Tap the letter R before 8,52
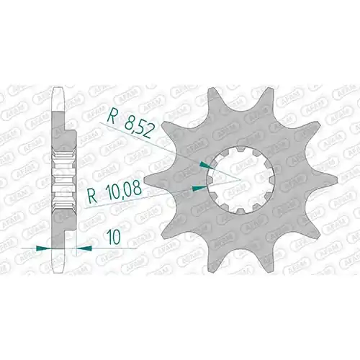point(112,117)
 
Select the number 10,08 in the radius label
point(123,189)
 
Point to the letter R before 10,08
point(92,195)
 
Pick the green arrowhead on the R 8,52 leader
point(205,165)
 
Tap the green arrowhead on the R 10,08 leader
point(199,189)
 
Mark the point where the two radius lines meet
point(240,179)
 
